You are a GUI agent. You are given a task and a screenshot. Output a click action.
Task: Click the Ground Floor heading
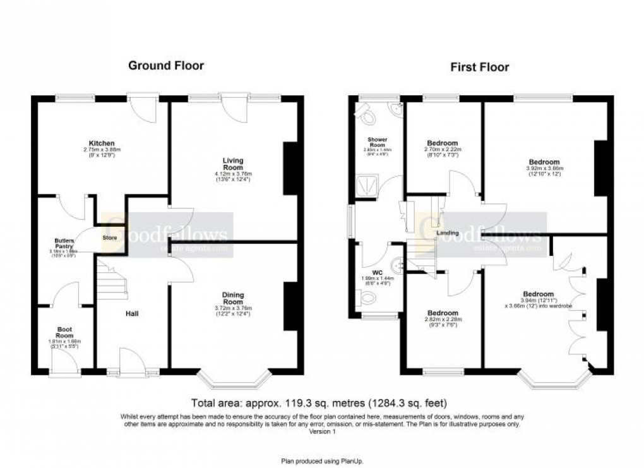tap(166, 65)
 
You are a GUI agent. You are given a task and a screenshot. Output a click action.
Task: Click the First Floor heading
tap(480, 67)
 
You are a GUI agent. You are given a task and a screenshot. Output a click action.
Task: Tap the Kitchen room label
tap(102, 143)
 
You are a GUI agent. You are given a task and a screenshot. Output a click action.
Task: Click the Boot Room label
tap(65, 333)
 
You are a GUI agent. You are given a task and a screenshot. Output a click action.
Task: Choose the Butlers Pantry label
tap(64, 244)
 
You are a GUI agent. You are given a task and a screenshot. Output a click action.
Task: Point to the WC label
tap(378, 273)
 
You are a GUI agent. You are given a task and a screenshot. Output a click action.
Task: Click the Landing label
tap(448, 234)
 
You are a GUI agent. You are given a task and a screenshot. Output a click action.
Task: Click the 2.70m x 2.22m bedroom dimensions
tap(443, 150)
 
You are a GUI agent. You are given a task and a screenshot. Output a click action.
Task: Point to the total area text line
tap(322, 402)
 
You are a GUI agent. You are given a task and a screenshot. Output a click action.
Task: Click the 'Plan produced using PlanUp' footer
tap(322, 461)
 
